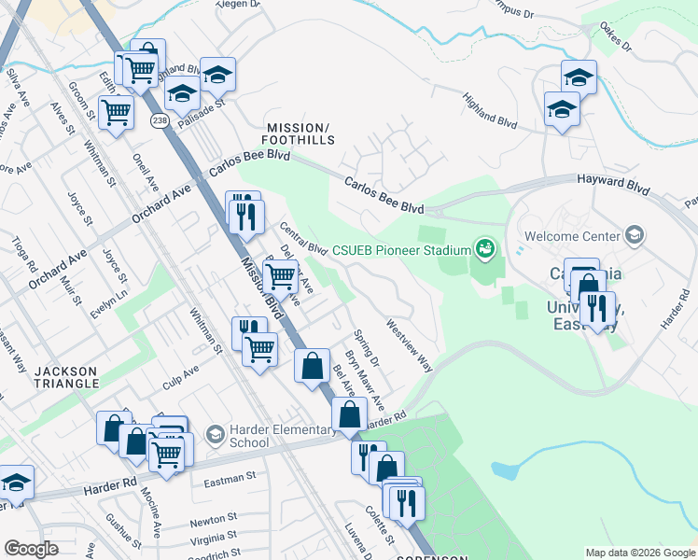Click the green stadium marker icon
coord(484,248)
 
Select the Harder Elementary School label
coord(281,436)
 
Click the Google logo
coord(31,549)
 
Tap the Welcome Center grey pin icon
coord(635,235)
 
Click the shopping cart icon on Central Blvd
coord(280,275)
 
